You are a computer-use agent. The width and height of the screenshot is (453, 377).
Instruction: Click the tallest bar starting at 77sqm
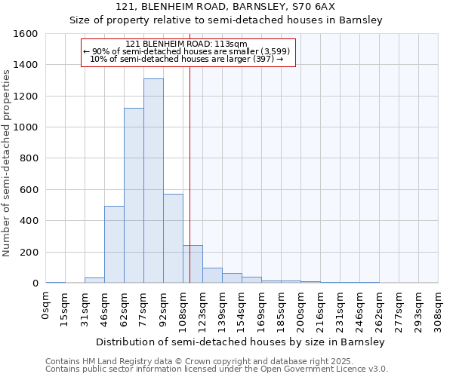tap(153, 181)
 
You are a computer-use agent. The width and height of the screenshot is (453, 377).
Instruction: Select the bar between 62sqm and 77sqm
tap(134, 196)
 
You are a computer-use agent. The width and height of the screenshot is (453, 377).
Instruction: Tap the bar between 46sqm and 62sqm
tap(114, 244)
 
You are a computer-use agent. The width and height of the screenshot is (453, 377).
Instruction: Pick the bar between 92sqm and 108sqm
tap(173, 238)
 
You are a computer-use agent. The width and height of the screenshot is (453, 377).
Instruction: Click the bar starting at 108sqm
tap(193, 264)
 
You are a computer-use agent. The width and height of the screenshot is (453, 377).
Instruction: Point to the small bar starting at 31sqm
tap(94, 280)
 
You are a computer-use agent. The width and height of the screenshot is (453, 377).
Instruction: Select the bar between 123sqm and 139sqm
tap(212, 275)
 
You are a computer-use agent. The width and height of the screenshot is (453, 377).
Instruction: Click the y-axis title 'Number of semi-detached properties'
tap(7, 160)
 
